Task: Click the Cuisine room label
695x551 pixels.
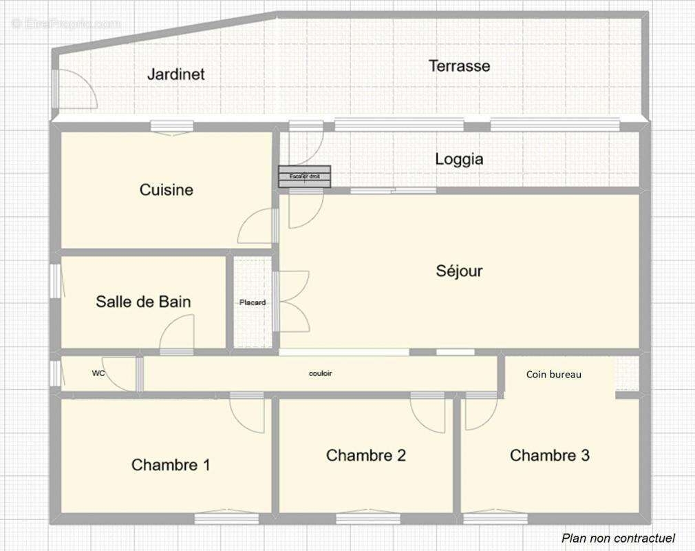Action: [167, 189]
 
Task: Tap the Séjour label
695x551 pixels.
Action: [459, 271]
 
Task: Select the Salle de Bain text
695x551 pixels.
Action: [143, 301]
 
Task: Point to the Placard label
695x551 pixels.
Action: [253, 302]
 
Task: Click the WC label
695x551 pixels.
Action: [98, 373]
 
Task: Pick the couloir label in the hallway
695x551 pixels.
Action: [321, 373]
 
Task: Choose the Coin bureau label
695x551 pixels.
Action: [554, 375]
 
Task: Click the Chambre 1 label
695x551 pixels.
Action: [171, 465]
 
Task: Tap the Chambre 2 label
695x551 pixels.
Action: [366, 455]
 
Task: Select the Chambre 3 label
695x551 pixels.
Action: [550, 455]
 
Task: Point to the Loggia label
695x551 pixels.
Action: [459, 159]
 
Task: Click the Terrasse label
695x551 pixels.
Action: [460, 66]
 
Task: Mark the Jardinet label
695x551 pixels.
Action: [176, 74]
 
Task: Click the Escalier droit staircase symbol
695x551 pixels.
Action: [304, 177]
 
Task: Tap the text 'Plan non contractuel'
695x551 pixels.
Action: [618, 538]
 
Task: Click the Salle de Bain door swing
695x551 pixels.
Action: [178, 334]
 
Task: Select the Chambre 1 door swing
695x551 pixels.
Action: [247, 413]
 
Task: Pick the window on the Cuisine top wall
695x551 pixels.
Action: [171, 127]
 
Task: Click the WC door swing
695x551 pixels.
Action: [120, 376]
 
